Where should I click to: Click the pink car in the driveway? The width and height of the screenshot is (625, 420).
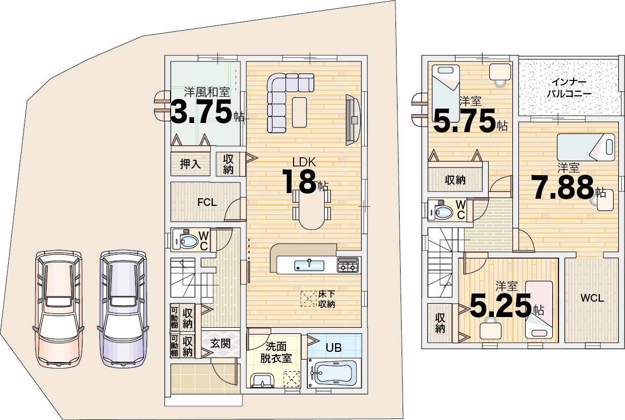click(x=58, y=309)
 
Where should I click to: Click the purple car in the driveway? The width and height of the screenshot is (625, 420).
click(x=123, y=308)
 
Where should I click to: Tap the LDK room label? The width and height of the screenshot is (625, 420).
click(x=304, y=162)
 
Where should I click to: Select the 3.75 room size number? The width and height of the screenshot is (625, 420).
click(x=201, y=112)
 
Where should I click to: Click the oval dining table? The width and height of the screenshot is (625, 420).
click(x=311, y=209)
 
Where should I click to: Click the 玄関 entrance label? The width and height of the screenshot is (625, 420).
click(x=220, y=344)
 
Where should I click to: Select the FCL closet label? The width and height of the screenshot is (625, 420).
click(x=207, y=202)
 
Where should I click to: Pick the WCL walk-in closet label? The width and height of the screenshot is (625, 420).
click(x=592, y=298)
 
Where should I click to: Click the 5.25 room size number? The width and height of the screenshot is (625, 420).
click(x=501, y=306)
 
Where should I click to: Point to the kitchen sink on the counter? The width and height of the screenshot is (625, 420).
click(x=309, y=265)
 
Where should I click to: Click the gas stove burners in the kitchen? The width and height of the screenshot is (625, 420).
click(x=348, y=265)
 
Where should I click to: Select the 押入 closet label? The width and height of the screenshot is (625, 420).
click(x=190, y=164)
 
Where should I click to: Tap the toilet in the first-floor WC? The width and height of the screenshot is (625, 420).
click(x=185, y=240)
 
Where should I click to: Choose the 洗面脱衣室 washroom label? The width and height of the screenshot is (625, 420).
click(x=276, y=353)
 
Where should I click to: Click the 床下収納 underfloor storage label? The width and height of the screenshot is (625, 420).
click(x=326, y=299)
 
